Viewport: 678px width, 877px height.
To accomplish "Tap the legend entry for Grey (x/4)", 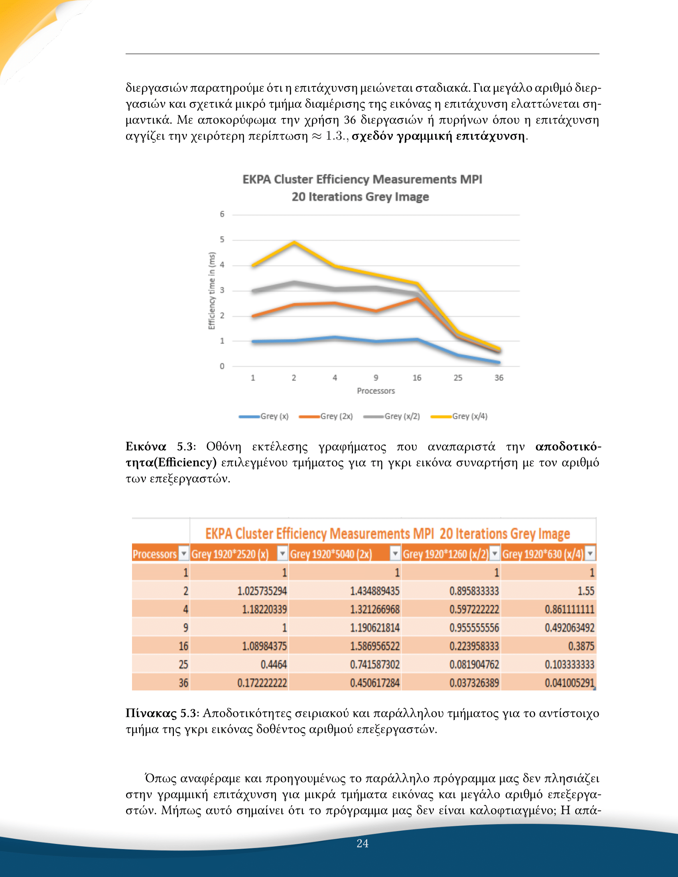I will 469,417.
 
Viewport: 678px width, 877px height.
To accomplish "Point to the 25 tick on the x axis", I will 458,378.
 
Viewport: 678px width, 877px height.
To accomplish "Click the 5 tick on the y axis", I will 222,240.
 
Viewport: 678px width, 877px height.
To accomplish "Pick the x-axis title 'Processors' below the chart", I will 376,391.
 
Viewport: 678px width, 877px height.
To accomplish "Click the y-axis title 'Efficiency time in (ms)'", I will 212,291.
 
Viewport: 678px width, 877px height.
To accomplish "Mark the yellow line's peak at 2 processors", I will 294,242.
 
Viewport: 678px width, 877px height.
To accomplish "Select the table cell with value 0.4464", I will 274,665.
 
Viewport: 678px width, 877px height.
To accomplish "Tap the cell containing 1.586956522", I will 374,646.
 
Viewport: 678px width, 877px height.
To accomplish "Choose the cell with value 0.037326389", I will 474,683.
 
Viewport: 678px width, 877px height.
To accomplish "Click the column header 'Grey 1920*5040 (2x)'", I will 331,554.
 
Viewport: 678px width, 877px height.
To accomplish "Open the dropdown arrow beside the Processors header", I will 183,554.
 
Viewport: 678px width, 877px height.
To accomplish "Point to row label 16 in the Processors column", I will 183,646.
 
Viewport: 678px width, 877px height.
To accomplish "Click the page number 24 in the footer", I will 362,843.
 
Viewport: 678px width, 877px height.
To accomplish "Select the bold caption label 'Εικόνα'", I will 146,446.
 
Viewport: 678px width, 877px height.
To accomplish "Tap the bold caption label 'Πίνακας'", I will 151,713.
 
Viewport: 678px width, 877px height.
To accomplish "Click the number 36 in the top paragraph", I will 349,120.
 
